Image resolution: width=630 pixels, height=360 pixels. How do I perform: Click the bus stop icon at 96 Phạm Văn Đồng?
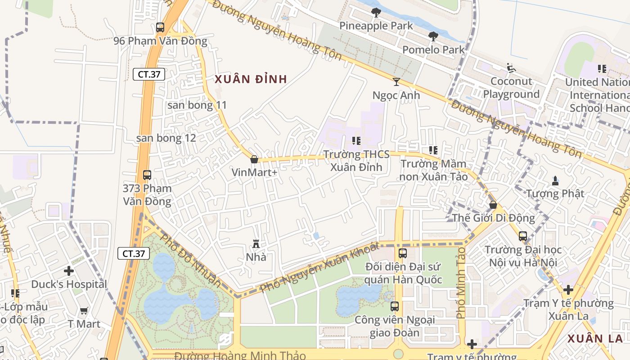click(160, 27)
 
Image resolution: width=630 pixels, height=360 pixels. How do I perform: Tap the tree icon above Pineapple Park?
click(376, 13)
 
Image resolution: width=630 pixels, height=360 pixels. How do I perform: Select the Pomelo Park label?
click(433, 49)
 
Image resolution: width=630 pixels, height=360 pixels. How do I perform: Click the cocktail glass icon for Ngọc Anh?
click(396, 82)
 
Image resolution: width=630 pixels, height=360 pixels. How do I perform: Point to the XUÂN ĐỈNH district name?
click(251, 80)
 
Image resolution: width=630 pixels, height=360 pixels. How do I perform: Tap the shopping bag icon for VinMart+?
click(254, 159)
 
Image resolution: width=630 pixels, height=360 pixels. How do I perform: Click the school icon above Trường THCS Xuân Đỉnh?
click(356, 141)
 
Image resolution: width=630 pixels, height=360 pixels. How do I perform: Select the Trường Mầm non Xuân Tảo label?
click(434, 170)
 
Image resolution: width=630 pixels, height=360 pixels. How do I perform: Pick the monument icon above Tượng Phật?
click(555, 181)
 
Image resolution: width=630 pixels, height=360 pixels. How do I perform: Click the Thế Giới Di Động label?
click(494, 218)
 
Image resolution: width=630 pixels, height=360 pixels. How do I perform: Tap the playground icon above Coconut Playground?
click(511, 68)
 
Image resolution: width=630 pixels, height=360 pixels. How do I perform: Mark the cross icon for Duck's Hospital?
click(69, 271)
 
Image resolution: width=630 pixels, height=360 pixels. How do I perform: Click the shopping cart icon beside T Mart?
click(84, 310)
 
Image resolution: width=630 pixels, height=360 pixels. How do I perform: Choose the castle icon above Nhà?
click(256, 244)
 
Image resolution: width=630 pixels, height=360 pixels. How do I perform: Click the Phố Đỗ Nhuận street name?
click(191, 261)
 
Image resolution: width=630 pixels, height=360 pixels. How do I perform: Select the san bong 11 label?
click(197, 105)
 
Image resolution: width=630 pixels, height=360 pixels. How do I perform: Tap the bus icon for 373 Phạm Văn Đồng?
click(147, 175)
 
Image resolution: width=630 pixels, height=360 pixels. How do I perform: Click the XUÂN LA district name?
click(595, 339)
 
